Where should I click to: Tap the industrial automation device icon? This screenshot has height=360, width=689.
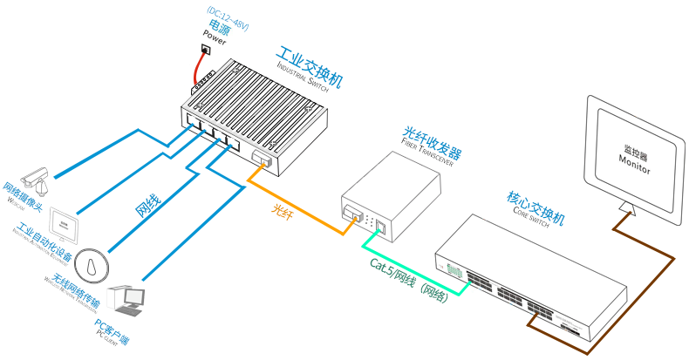pyautogui.click(x=64, y=222)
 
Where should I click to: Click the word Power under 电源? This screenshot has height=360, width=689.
pyautogui.click(x=215, y=37)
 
